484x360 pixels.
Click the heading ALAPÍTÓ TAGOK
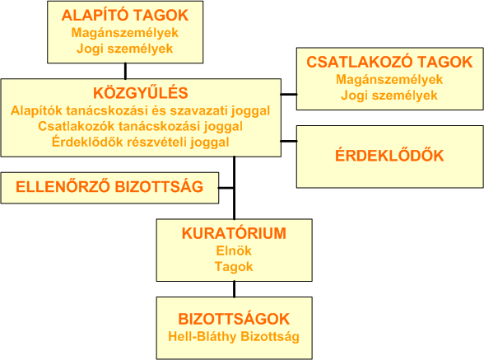pyautogui.click(x=125, y=15)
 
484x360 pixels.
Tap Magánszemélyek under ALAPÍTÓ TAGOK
pyautogui.click(x=125, y=33)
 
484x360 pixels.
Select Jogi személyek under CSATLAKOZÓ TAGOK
pyautogui.click(x=389, y=96)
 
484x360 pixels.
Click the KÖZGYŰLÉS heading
pyautogui.click(x=141, y=93)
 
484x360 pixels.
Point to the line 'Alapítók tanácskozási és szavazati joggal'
pyautogui.click(x=141, y=110)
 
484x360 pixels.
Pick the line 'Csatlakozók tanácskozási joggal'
pyautogui.click(x=141, y=126)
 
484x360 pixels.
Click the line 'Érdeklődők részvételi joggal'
pyautogui.click(x=141, y=143)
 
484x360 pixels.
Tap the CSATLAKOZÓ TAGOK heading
pyautogui.click(x=389, y=62)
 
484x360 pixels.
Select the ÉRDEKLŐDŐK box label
pyautogui.click(x=389, y=155)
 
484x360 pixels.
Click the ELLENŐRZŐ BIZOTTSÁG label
pyautogui.click(x=109, y=187)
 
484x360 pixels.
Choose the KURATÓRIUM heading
pyautogui.click(x=234, y=233)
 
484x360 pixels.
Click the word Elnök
pyautogui.click(x=234, y=250)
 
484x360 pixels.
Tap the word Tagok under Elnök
pyautogui.click(x=234, y=267)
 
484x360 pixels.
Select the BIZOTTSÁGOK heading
pyautogui.click(x=234, y=319)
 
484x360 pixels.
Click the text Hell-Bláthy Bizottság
pyautogui.click(x=234, y=336)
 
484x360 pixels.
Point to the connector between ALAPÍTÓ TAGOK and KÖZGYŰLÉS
pyautogui.click(x=125, y=71)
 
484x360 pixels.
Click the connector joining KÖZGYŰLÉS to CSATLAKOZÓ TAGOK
pyautogui.click(x=289, y=94)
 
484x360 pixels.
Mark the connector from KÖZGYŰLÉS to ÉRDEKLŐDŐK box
pyautogui.click(x=289, y=141)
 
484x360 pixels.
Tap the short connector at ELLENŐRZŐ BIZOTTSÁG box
pyautogui.click(x=226, y=188)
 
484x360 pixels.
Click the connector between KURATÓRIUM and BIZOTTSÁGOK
pyautogui.click(x=234, y=289)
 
